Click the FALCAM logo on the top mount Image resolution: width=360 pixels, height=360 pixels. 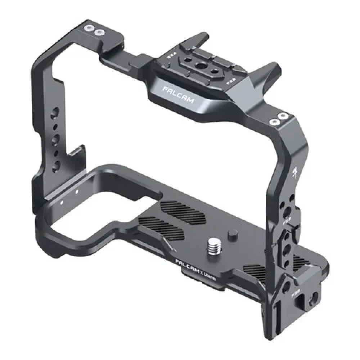(178, 95)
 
